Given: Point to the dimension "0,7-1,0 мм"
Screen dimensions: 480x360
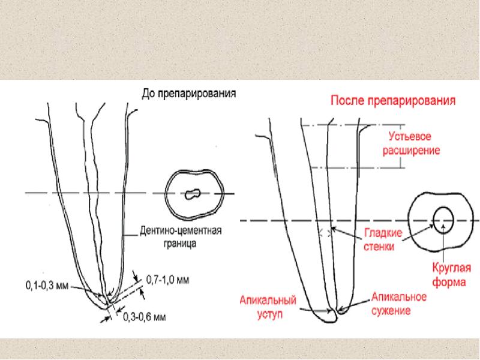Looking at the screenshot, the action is point(167,278).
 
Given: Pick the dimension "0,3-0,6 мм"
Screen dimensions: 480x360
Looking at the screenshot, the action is point(145,317).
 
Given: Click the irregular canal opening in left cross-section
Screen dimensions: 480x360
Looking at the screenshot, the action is point(192,194).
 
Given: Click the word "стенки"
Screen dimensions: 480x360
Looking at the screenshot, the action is point(379,247).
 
